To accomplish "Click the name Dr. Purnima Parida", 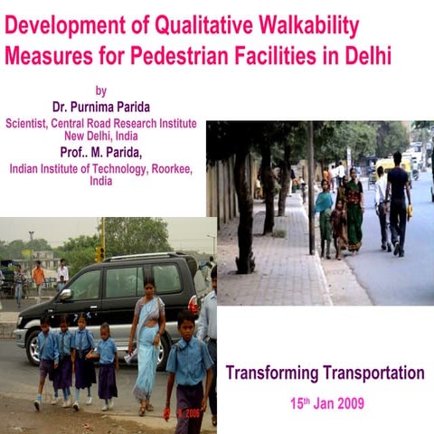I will click(102, 107).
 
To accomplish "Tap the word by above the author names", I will click(100, 90).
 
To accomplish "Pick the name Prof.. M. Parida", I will click(101, 152).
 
